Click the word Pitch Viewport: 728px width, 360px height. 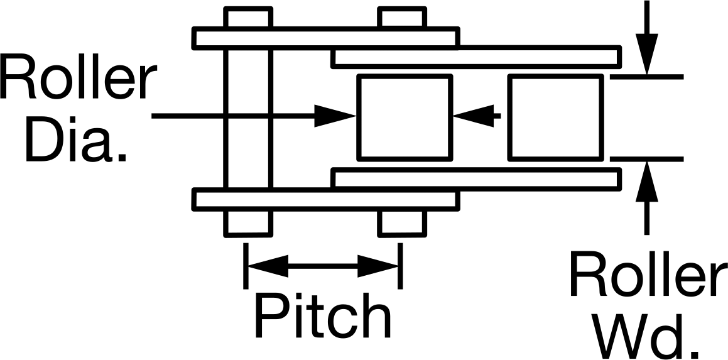point(323,315)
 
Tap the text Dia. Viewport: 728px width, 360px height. point(75,139)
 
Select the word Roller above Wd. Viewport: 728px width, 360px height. point(648,274)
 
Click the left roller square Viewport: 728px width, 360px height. point(405,117)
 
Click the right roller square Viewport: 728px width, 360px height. point(556,117)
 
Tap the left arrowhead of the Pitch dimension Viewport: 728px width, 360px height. point(268,266)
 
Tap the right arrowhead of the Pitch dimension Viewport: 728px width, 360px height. point(378,266)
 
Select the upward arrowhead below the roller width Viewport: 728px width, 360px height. point(647,181)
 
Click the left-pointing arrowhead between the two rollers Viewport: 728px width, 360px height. point(474,116)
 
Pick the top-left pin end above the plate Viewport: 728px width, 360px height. point(248,18)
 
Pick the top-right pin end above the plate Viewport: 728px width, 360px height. point(402,18)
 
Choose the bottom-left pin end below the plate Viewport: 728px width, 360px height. point(248,223)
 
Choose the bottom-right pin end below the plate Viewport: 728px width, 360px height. point(402,223)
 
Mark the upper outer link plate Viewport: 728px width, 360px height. point(326,38)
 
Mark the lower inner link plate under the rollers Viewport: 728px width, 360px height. point(477,179)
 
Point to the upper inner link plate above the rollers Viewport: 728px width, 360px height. point(477,57)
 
